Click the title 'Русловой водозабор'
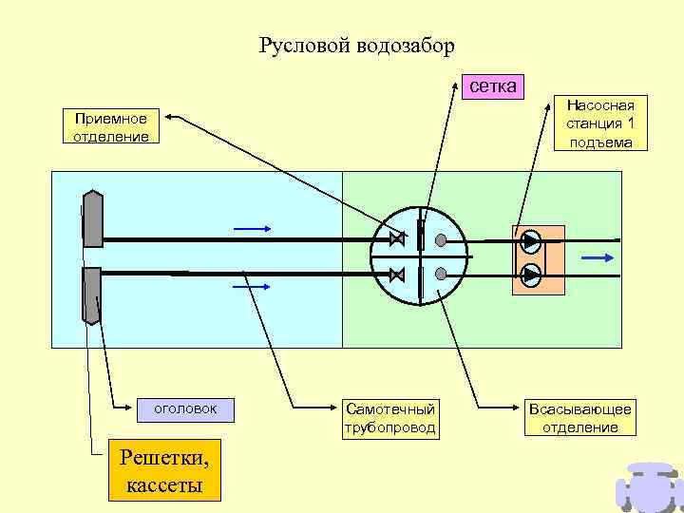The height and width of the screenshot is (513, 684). click(x=356, y=46)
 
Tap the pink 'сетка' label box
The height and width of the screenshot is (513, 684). click(x=493, y=86)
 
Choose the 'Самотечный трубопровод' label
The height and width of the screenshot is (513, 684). click(x=390, y=418)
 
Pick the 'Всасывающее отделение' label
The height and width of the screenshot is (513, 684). click(x=580, y=418)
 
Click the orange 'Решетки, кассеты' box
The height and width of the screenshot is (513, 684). click(x=163, y=471)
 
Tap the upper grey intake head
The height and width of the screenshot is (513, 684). click(x=93, y=218)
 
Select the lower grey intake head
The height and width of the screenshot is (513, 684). click(x=92, y=294)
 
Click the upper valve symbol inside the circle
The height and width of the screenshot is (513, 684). click(x=396, y=238)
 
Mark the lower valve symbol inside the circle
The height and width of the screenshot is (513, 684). click(x=397, y=275)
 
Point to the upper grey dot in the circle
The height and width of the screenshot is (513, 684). click(x=441, y=238)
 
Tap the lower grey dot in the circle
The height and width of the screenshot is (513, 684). click(x=441, y=274)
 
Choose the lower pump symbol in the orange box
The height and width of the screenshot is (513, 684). click(x=531, y=275)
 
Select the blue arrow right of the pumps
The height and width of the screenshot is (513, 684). click(x=597, y=257)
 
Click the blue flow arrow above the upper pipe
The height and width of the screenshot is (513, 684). click(x=252, y=229)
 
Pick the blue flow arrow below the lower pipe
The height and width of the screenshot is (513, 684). click(x=252, y=285)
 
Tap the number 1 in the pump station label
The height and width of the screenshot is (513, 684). click(x=630, y=123)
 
